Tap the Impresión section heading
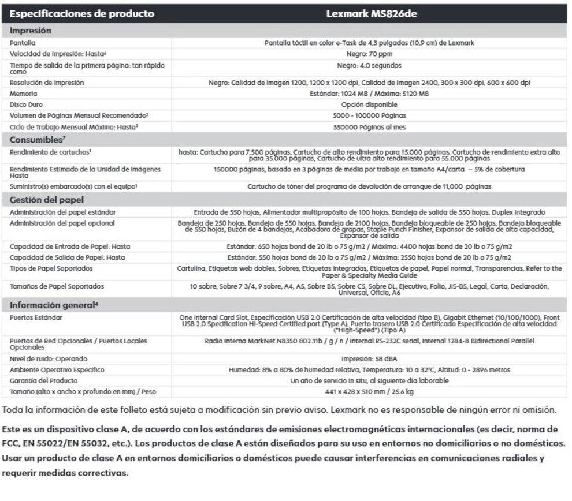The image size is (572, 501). point(31,31)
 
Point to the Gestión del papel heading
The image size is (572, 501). point(47,200)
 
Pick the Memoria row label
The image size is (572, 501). point(24,94)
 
